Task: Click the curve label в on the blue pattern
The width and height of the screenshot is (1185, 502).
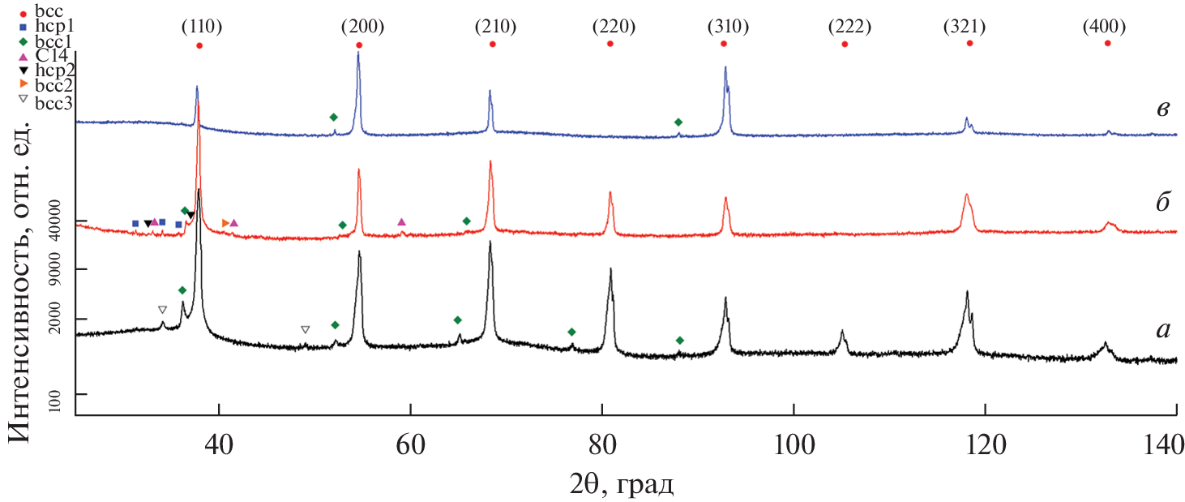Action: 1163,108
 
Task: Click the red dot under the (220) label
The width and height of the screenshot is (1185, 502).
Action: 610,44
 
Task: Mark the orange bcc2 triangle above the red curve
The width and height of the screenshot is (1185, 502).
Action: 225,223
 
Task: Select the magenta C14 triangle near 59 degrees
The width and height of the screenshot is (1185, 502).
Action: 401,221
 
